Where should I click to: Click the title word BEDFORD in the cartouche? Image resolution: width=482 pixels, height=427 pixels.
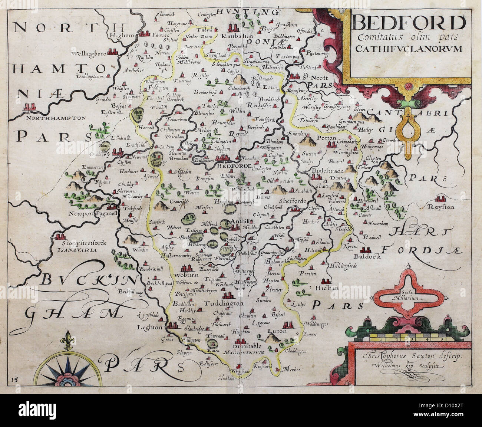pyautogui.click(x=409, y=24)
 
